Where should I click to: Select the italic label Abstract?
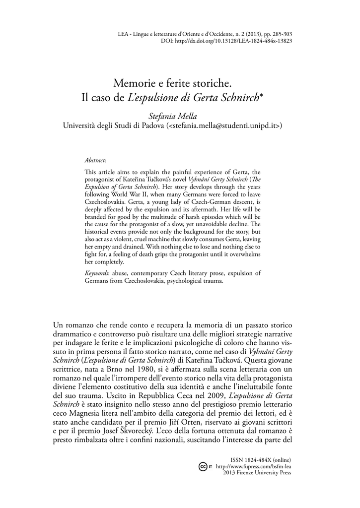95,160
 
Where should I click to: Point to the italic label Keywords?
97,273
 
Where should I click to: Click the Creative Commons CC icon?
203,467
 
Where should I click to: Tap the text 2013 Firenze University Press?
258,473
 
